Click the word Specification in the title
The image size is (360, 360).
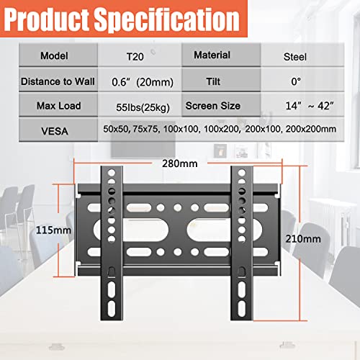(166, 20)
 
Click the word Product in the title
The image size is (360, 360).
(46, 19)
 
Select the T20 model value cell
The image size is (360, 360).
(140, 55)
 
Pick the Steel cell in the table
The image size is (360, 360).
(302, 55)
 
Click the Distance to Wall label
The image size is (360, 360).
(58, 81)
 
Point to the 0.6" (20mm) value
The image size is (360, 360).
(143, 82)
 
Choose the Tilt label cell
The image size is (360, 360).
(221, 80)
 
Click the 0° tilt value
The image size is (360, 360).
(296, 81)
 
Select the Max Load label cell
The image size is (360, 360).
(58, 105)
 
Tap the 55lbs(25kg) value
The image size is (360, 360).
(143, 107)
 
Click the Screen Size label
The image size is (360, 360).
(213, 106)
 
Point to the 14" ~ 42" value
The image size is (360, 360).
(310, 106)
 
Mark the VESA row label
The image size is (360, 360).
(55, 131)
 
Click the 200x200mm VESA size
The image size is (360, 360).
(310, 129)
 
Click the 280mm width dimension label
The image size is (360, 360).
(180, 163)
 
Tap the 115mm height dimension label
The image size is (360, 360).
(53, 230)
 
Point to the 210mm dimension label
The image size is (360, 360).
(303, 239)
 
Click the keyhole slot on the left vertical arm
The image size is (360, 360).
(112, 272)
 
